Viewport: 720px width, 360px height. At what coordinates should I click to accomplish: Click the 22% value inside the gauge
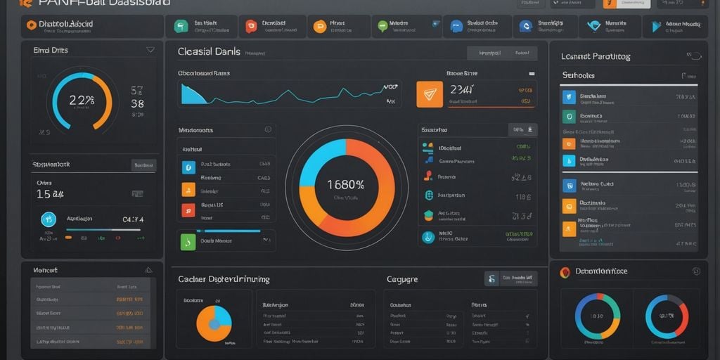coord(82,100)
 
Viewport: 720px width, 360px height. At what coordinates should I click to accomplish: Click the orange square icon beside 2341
coord(430,94)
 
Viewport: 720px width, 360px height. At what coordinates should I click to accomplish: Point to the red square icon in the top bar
coord(250,27)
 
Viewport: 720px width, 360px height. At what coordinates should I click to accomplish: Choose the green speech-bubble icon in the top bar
coord(382,27)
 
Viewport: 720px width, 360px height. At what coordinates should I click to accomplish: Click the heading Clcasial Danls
coord(209,52)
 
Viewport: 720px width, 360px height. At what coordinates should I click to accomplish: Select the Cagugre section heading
coord(401,279)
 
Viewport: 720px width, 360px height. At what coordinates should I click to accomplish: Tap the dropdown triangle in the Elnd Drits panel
coord(150,50)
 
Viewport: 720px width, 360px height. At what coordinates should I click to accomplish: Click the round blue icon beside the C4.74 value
coord(49,219)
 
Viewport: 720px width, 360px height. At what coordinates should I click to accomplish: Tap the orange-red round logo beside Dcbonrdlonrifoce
coord(564,272)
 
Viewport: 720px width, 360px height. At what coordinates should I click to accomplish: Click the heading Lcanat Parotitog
coord(595,56)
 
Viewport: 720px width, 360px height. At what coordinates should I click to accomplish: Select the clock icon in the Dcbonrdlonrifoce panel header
coord(696,271)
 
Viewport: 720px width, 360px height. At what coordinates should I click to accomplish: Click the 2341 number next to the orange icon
coord(462,89)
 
